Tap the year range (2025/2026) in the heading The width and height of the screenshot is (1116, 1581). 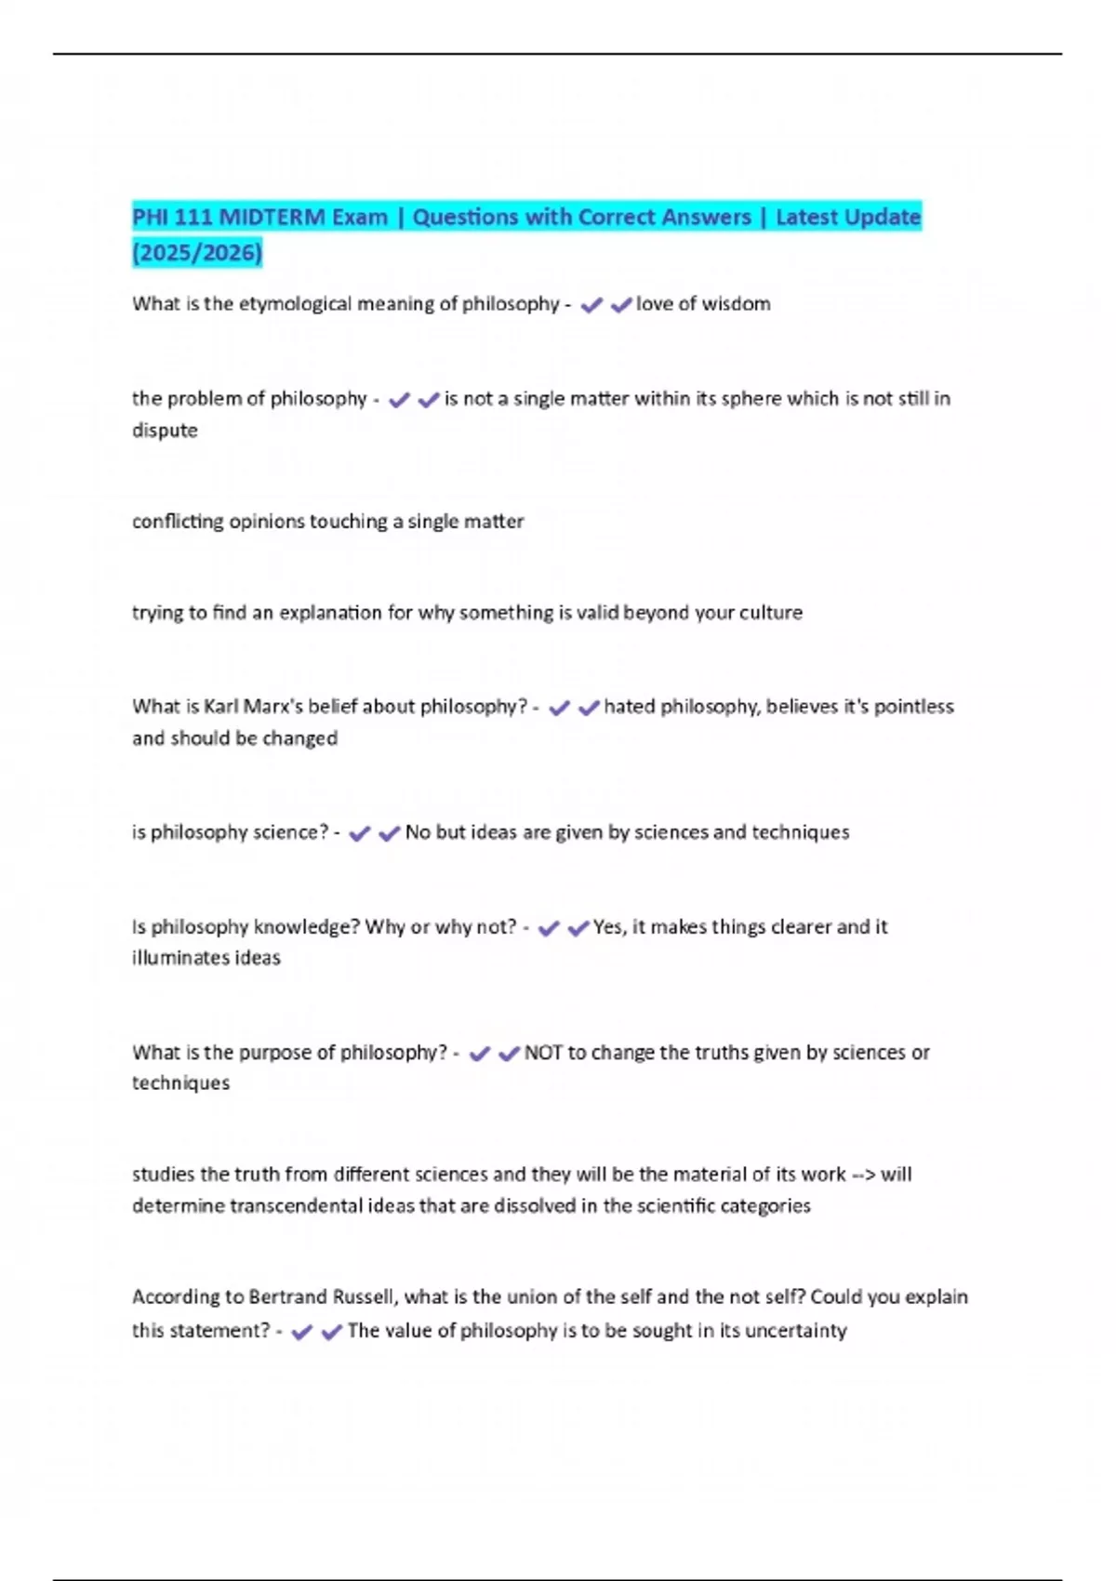(197, 252)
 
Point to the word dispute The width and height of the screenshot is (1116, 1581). (165, 431)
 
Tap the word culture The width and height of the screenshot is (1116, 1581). (771, 613)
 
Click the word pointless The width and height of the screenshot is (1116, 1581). (914, 707)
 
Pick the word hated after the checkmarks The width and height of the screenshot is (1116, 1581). (630, 707)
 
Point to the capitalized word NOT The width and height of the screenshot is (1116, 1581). (543, 1053)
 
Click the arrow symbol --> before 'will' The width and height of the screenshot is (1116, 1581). (863, 1175)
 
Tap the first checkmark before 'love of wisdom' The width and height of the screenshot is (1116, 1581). (591, 305)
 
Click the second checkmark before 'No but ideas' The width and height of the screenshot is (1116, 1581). (389, 833)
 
